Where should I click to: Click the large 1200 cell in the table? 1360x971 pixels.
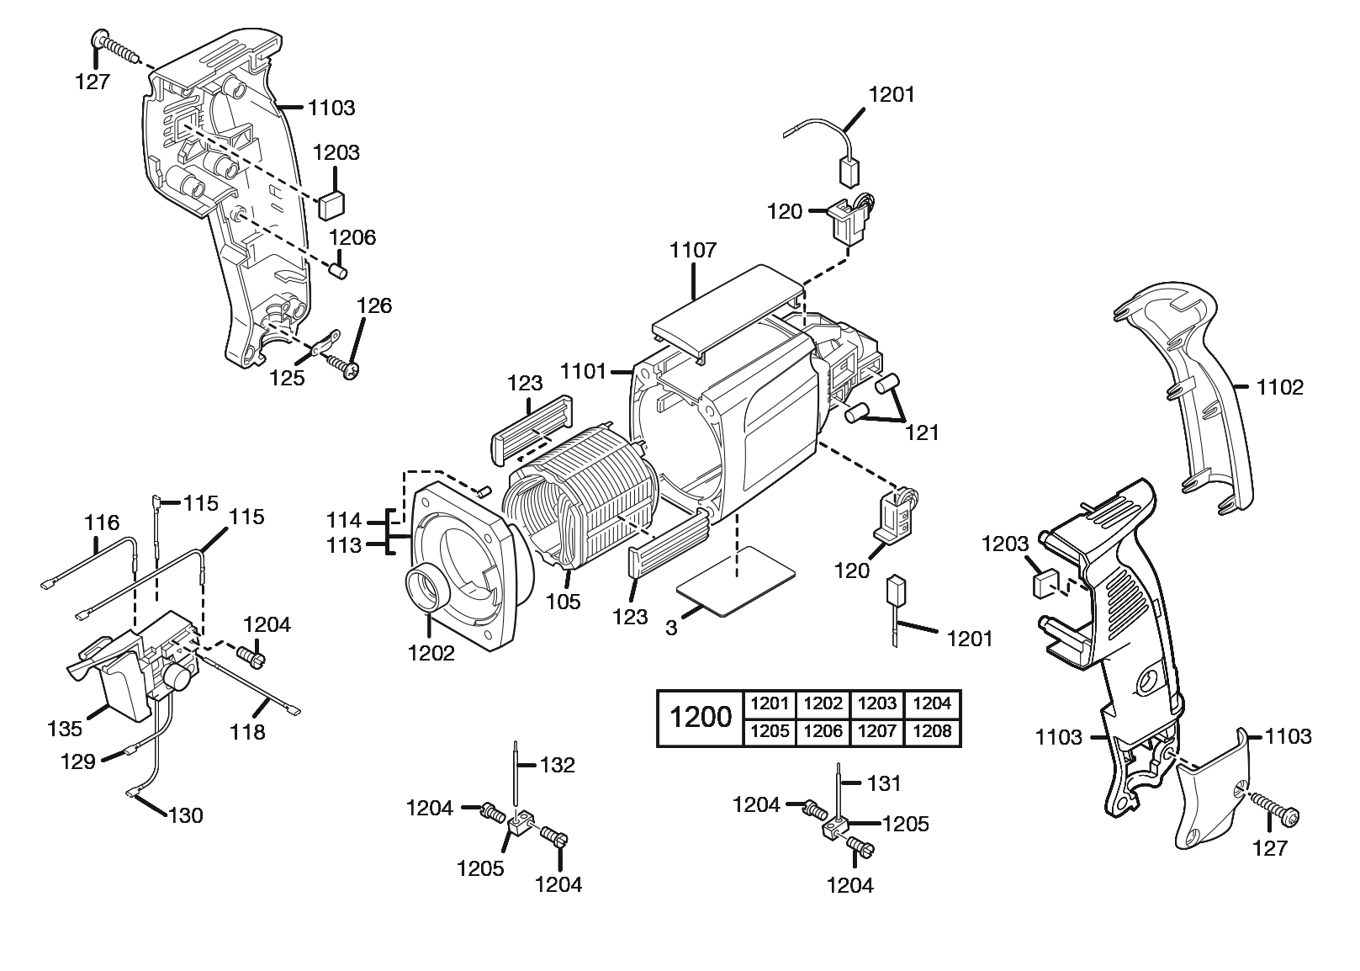coord(701,718)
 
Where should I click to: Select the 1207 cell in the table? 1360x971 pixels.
coord(877,732)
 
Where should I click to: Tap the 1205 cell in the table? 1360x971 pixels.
coord(770,732)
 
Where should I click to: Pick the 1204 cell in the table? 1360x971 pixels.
coord(932,703)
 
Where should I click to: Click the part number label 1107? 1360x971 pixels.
coord(693,250)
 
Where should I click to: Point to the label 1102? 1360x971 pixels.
coord(1279,387)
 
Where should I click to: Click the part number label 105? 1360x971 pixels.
coord(563,601)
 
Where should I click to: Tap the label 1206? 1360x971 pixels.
coord(352,237)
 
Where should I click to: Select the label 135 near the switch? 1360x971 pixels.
coord(64,728)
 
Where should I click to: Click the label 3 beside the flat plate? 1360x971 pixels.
coord(670,628)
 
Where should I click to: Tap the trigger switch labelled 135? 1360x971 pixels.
coord(135,673)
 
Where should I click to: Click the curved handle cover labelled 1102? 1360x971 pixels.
coord(1194,395)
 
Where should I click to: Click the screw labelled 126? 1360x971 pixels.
coord(340,365)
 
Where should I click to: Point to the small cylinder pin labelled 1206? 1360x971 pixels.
coord(337,272)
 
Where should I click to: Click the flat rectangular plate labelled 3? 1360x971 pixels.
coord(736,581)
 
